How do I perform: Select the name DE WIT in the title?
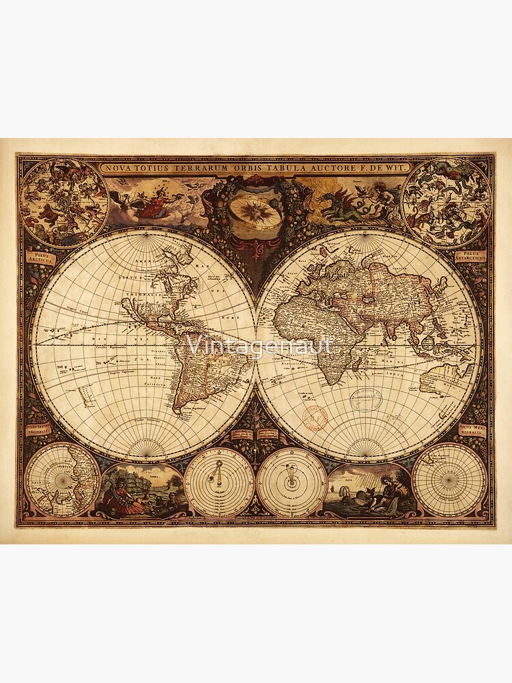pyautogui.click(x=390, y=167)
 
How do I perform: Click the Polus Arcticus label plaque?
pyautogui.click(x=39, y=257)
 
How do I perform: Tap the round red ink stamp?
pyautogui.click(x=315, y=417)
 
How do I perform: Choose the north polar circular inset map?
pyautogui.click(x=62, y=479)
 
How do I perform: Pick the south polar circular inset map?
pyautogui.click(x=449, y=479)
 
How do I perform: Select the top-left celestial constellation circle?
pyautogui.click(x=63, y=202)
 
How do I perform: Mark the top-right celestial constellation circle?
pyautogui.click(x=446, y=202)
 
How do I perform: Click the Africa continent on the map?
pyautogui.click(x=321, y=341)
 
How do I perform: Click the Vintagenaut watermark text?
pyautogui.click(x=259, y=346)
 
